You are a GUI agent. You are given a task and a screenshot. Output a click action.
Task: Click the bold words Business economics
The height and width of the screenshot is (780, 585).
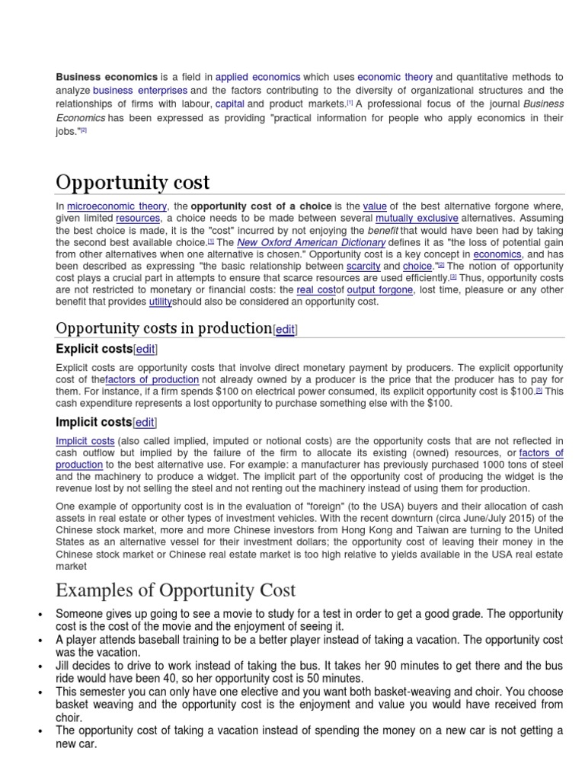(x=106, y=77)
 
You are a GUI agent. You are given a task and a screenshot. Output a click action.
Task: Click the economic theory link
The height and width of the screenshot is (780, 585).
(x=395, y=77)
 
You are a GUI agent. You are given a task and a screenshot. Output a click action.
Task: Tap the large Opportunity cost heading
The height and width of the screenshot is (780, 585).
(x=133, y=182)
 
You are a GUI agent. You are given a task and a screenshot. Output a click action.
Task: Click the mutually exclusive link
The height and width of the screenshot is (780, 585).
(x=417, y=218)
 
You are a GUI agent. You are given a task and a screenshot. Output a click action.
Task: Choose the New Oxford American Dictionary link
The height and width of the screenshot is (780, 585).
(x=311, y=242)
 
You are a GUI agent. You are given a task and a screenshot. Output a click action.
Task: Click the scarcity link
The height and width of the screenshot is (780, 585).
(x=363, y=267)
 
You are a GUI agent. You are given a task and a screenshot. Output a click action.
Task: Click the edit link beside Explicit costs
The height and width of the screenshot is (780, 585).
(x=145, y=349)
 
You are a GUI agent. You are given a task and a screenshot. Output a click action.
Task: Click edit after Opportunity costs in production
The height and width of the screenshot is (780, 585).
(x=285, y=329)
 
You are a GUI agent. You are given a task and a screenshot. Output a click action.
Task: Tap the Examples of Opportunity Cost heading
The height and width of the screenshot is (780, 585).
(x=175, y=590)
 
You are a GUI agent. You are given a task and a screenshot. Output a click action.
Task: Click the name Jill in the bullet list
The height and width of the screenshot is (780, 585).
(x=64, y=665)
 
